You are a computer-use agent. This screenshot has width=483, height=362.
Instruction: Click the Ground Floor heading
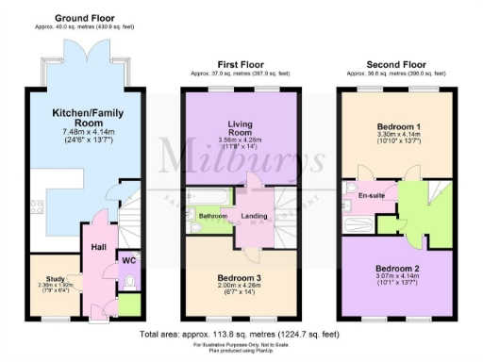pos(85,18)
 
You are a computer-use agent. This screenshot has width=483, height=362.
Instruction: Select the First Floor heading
pos(240,64)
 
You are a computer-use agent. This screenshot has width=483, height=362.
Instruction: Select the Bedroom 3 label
pos(240,279)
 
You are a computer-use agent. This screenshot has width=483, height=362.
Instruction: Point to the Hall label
pos(98,246)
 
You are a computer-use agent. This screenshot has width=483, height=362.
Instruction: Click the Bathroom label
pos(212,216)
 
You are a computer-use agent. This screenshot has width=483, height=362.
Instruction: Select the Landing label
pos(254,216)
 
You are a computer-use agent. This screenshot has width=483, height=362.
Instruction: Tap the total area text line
pos(240,335)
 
